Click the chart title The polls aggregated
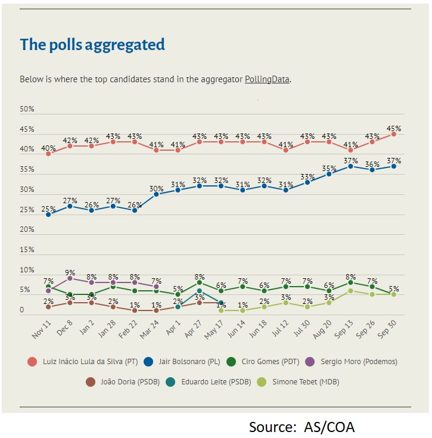pos(92,45)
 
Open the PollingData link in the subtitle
pos(268,79)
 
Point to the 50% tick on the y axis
pos(27,110)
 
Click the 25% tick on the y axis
pos(27,210)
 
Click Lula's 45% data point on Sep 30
pos(394,134)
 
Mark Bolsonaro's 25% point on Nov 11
pos(48,214)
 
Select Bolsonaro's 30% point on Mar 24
pos(156,194)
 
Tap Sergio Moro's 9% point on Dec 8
pos(70,278)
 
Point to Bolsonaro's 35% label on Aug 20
pos(329,168)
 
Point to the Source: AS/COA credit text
pos(302,427)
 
